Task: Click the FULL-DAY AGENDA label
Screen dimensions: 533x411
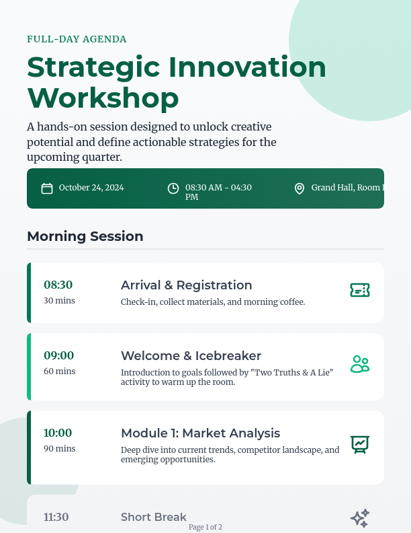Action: coord(77,39)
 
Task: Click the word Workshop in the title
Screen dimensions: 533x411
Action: coord(103,98)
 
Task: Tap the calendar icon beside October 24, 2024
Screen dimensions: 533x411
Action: coord(47,188)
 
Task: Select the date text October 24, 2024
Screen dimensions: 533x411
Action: coord(91,188)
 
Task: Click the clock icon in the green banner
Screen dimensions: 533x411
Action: coord(173,188)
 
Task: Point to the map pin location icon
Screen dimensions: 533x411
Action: coord(300,188)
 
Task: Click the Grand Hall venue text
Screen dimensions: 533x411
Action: coord(347,188)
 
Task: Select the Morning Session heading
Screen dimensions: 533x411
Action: coord(85,236)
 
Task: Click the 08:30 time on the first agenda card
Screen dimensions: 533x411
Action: coord(58,285)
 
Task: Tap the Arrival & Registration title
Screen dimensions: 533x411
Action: coord(186,285)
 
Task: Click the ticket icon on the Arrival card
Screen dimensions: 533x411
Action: coord(360,290)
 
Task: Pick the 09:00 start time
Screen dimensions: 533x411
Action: coord(58,355)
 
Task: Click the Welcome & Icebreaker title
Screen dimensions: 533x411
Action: coord(191,356)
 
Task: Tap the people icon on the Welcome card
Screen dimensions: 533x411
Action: coord(360,364)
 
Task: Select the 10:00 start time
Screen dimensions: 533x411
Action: coord(58,433)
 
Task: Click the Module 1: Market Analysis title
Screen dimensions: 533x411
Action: coord(200,433)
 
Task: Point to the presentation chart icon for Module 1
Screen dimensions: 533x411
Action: coord(360,444)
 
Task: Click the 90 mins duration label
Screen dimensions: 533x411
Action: coord(60,449)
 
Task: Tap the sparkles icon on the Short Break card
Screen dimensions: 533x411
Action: coord(360,518)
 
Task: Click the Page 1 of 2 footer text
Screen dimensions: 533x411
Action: coord(205,527)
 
